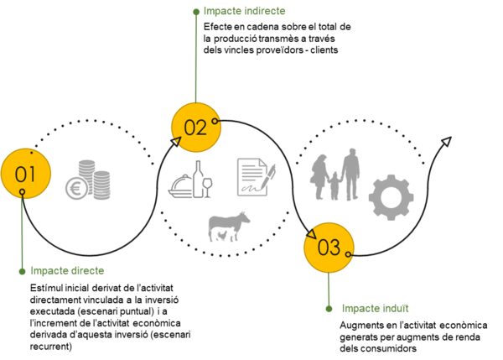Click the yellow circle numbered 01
click(x=26, y=174)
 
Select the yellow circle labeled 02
click(x=195, y=128)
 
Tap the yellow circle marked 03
click(x=328, y=248)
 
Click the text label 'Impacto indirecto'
click(x=245, y=12)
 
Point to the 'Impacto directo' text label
click(x=68, y=271)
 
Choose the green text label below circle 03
click(x=375, y=309)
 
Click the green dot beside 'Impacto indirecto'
click(x=196, y=13)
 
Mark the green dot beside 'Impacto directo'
click(x=23, y=271)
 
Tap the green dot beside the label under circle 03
click(x=329, y=309)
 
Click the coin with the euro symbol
click(x=78, y=188)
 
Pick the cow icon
click(x=229, y=226)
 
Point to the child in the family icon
click(x=334, y=185)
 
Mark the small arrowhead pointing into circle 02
click(x=176, y=142)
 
